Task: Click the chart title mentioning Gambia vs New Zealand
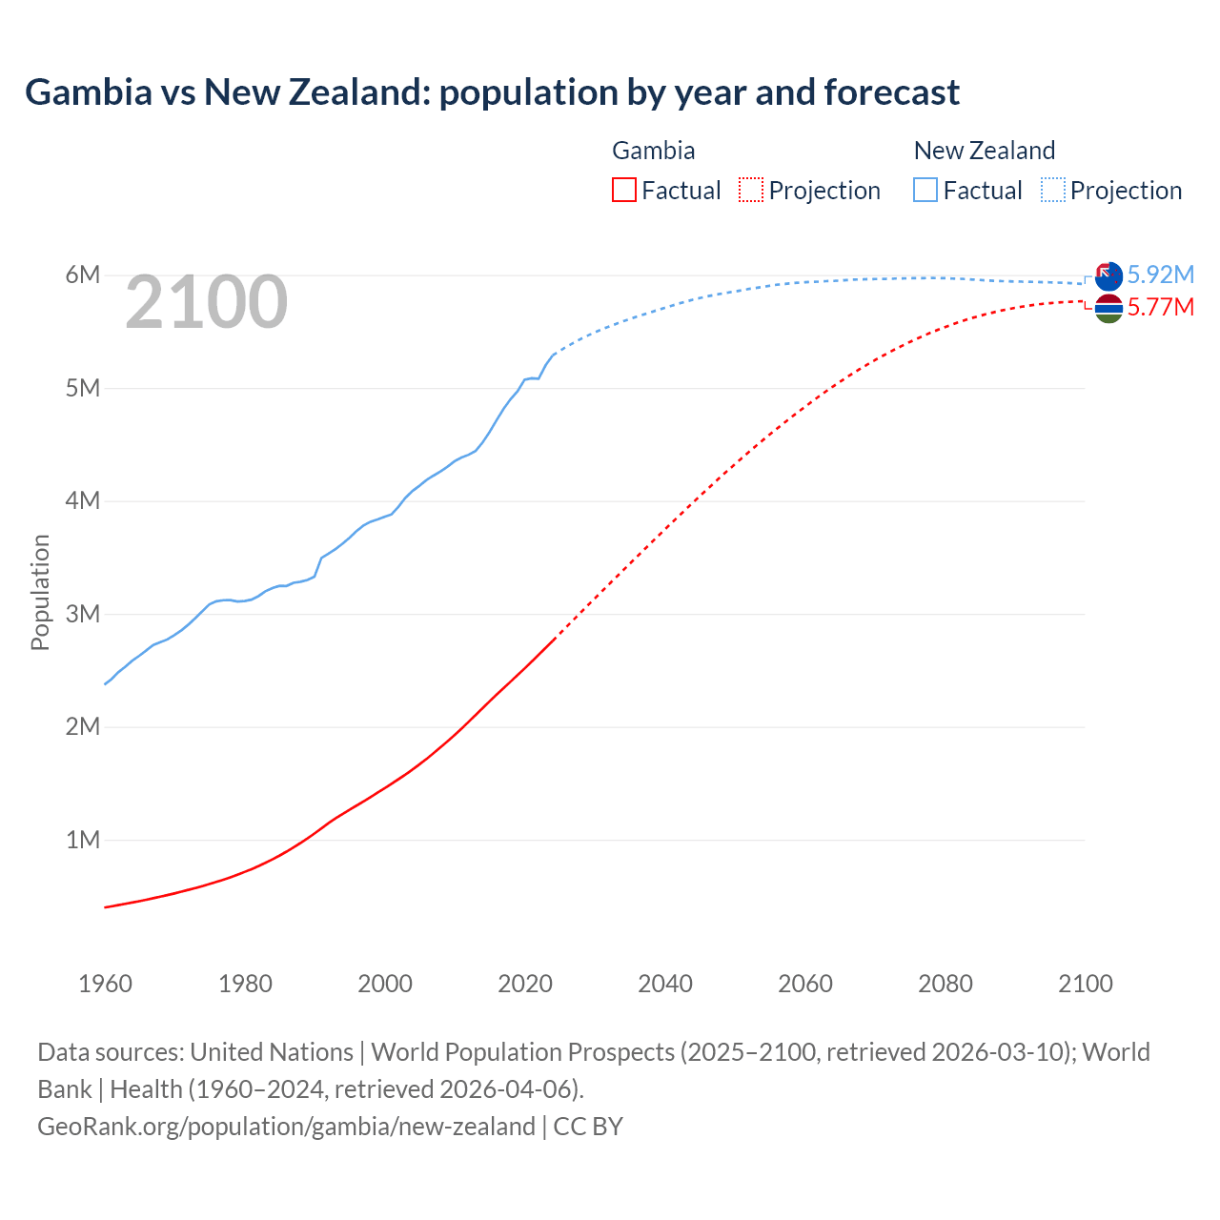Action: point(492,92)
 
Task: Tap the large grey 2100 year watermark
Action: point(206,302)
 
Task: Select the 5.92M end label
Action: point(1160,274)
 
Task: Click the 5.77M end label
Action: point(1160,307)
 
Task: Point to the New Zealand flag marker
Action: point(1108,276)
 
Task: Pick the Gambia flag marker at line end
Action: point(1108,308)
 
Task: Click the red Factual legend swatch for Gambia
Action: point(623,190)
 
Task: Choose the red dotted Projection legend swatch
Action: point(751,190)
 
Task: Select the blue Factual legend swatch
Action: point(925,190)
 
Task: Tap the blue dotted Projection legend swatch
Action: point(1053,190)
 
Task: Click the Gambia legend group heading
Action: point(653,151)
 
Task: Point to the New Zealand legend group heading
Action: point(984,151)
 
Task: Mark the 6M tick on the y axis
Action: point(83,275)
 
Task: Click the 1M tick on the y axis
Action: point(83,840)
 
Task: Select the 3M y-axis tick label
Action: point(83,614)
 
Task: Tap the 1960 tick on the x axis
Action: point(105,984)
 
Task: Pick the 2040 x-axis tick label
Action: point(665,984)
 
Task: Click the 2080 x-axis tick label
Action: point(945,984)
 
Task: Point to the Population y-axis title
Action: point(40,592)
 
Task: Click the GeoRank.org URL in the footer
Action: point(286,1127)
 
